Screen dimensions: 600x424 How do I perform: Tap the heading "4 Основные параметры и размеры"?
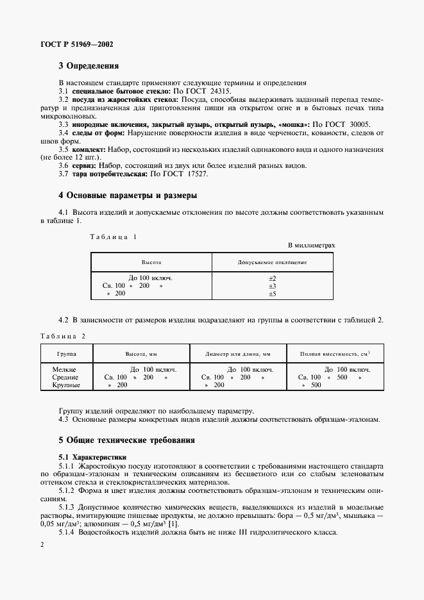[x=128, y=195]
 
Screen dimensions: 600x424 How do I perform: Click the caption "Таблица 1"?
[x=113, y=237]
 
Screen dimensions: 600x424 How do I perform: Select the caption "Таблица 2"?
[x=62, y=336]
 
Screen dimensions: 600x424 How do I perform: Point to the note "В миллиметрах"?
[x=311, y=246]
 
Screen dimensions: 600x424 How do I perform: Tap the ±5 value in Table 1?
[x=272, y=294]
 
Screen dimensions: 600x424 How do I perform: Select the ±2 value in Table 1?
[x=272, y=278]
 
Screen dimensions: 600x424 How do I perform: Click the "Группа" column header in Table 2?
[x=67, y=353]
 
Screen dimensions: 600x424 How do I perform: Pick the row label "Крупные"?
[x=67, y=385]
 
